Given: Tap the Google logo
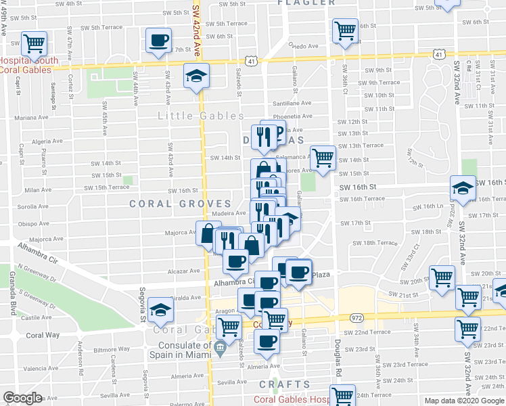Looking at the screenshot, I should point(23,398).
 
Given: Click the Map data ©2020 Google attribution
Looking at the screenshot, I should point(463,401).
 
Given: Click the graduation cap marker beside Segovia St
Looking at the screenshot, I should point(161,309).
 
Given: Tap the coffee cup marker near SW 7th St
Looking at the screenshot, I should point(159,41).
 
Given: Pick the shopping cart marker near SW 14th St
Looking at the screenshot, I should point(323,158).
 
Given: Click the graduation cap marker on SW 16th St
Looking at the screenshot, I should point(463,187).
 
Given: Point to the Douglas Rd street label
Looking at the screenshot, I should point(336,355).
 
